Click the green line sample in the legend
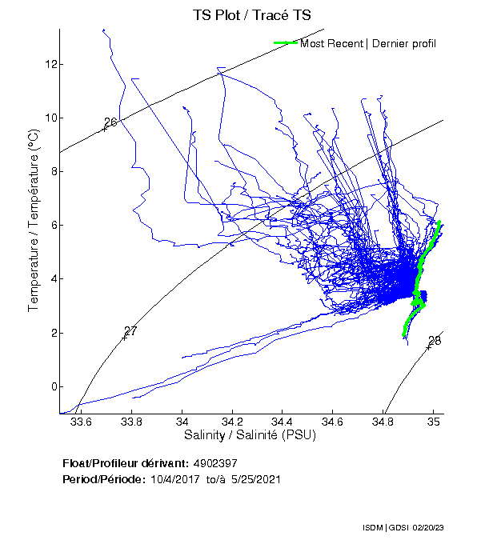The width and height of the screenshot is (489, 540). coord(285,43)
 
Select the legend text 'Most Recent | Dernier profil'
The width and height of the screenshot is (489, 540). coord(368,43)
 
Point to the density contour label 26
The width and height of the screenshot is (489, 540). coord(110,122)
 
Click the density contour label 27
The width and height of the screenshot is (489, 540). coord(130,331)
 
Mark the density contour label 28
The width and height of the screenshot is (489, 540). coord(435,341)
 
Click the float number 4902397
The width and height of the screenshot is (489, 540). coord(215,463)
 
